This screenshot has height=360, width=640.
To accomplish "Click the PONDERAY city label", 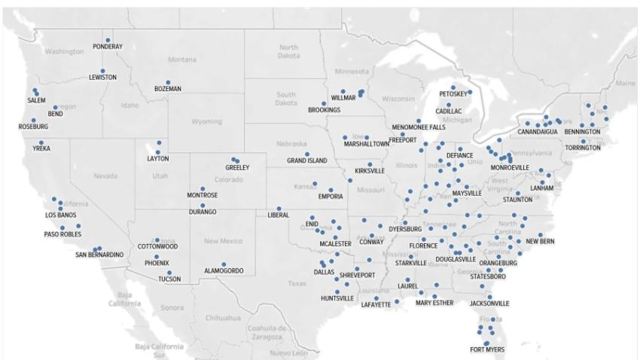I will click(x=108, y=47).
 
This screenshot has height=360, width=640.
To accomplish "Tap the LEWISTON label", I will click(x=102, y=78).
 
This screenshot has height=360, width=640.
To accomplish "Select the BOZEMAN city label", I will click(x=168, y=89).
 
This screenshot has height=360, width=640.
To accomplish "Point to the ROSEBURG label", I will click(x=33, y=127).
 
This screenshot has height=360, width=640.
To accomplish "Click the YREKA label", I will click(x=41, y=149).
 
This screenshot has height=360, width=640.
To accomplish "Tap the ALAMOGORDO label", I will click(x=224, y=270).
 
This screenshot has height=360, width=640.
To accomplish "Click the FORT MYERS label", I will click(x=488, y=349).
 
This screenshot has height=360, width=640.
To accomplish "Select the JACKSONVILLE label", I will click(x=489, y=304).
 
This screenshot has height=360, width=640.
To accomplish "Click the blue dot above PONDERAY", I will click(x=108, y=40).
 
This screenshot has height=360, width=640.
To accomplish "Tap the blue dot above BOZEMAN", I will click(x=168, y=82).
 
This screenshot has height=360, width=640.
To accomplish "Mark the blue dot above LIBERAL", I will click(x=279, y=209).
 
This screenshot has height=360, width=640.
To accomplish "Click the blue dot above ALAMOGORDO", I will click(x=224, y=264).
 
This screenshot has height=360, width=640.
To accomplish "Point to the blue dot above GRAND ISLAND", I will click(x=307, y=154).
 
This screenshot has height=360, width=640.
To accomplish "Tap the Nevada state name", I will click(x=105, y=175).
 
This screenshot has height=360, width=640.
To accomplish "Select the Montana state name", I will click(x=181, y=59).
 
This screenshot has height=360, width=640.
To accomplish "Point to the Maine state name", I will click(x=624, y=83).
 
